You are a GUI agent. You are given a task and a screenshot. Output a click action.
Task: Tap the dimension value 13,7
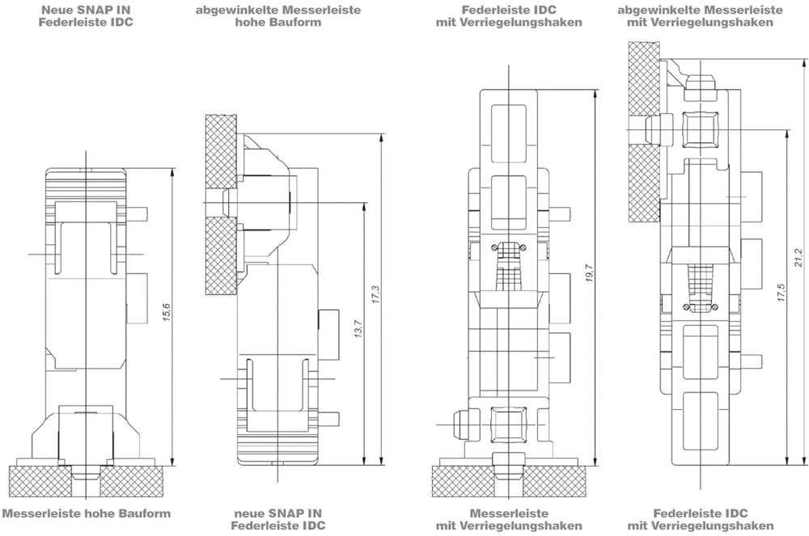click(x=358, y=327)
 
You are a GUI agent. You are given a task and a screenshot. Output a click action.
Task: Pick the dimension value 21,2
click(x=798, y=258)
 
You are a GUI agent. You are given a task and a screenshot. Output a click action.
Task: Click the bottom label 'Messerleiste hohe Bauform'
click(x=87, y=513)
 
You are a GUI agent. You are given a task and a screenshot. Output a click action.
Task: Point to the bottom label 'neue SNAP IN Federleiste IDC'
click(x=278, y=519)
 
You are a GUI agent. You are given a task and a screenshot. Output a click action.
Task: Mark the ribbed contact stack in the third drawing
click(x=508, y=268)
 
